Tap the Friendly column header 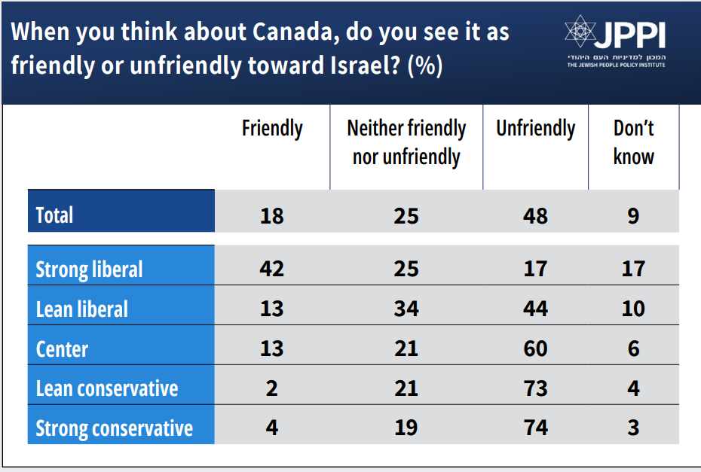[272, 129]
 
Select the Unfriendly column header [535, 129]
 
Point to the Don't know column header [633, 142]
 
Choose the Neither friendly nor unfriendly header [406, 142]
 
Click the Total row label [55, 216]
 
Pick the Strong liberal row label [89, 269]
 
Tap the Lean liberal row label [82, 309]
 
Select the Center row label [62, 349]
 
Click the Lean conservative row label [107, 388]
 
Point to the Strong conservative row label [115, 428]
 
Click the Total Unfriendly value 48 [535, 216]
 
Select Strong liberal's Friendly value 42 [272, 269]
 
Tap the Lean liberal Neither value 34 [406, 309]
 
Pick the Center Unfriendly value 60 [535, 349]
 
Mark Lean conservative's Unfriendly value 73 [535, 388]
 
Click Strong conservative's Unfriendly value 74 [535, 428]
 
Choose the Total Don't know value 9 [633, 216]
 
